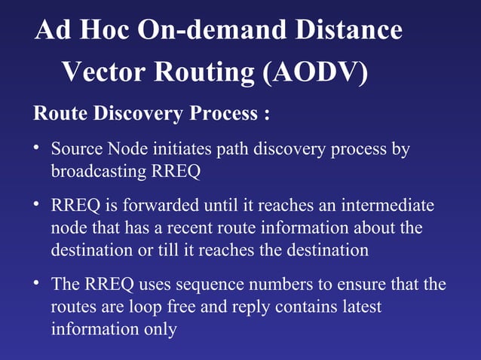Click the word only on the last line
click(x=160, y=329)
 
